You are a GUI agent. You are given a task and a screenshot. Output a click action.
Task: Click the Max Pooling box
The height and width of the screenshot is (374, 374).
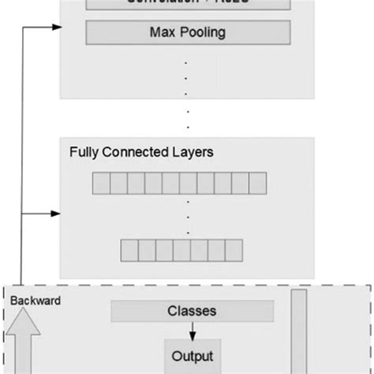tap(187, 32)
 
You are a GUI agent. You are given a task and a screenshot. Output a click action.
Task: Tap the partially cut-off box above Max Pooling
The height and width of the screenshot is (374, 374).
tap(187, 3)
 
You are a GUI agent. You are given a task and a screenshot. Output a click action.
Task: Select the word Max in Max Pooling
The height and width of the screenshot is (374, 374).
tap(162, 32)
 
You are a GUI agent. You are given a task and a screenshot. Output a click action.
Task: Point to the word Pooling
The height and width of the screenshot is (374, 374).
tap(200, 32)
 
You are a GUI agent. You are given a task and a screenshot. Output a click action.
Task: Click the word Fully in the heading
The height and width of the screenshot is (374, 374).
tap(84, 151)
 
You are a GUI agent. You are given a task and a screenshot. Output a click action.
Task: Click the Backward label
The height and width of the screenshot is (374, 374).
tap(35, 301)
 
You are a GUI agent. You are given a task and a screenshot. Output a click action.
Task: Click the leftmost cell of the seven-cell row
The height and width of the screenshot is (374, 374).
tap(129, 250)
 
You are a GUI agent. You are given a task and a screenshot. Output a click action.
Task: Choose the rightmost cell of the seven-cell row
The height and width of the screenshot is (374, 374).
tap(234, 250)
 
